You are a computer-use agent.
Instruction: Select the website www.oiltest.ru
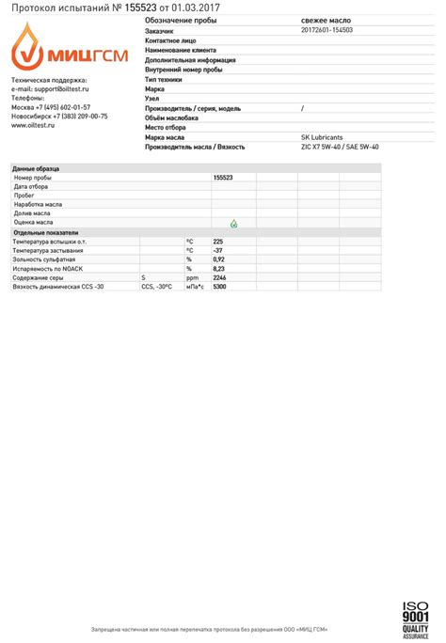click(x=33, y=124)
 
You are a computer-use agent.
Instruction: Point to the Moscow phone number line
click(x=51, y=106)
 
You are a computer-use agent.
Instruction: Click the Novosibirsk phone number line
click(x=59, y=116)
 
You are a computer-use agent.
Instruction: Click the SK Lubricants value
click(x=322, y=137)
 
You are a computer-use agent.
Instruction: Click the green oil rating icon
click(x=233, y=223)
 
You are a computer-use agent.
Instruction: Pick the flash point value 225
click(x=218, y=242)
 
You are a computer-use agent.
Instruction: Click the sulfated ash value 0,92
click(x=219, y=259)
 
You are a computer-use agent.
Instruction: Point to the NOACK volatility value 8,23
click(x=219, y=268)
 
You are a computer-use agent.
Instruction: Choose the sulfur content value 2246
click(x=220, y=277)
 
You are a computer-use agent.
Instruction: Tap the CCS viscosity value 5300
click(x=220, y=286)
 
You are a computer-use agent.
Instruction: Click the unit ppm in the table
click(x=192, y=277)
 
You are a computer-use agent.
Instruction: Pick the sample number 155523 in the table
click(x=223, y=177)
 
